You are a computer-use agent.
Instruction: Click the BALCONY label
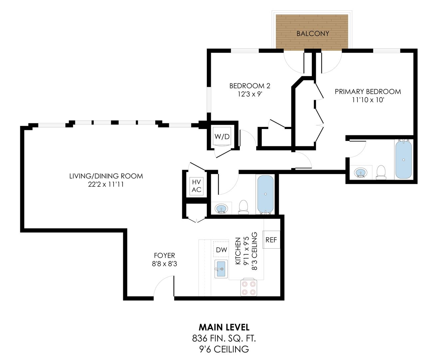pos(312,33)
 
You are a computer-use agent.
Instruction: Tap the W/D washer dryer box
pos(222,136)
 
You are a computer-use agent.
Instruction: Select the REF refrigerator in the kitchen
pos(271,240)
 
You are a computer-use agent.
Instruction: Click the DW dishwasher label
pos(221,250)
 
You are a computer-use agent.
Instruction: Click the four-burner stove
pos(249,288)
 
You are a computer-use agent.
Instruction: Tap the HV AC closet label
pos(196,186)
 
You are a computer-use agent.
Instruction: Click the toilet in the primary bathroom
pos(380,173)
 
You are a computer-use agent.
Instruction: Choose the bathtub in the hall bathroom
pos(265,194)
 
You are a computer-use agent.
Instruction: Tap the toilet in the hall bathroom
pos(244,207)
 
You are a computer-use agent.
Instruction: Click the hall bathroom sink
pos(221,209)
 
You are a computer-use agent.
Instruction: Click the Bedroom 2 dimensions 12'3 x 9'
pos(250,94)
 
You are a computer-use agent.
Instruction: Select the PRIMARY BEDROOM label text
pos(368,91)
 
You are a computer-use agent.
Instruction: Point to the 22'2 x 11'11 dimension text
pos(106,184)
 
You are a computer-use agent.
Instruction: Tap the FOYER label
pos(164,255)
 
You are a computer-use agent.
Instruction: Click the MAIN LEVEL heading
pos(224,327)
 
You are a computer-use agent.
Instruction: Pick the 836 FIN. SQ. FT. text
pos(224,338)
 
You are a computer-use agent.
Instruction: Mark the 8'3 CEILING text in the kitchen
pos(254,251)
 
